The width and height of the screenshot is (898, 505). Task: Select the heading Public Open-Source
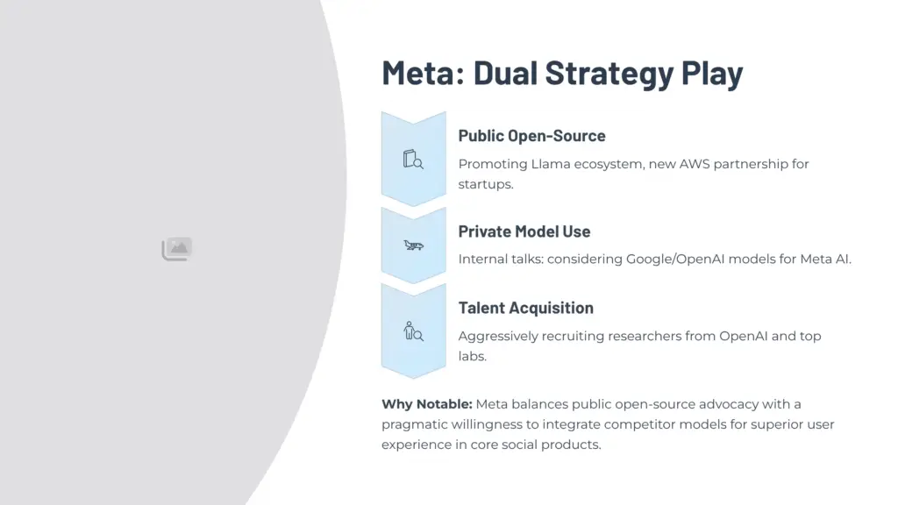531,136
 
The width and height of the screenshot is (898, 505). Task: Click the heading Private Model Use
524,231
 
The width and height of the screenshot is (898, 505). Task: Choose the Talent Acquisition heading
525,308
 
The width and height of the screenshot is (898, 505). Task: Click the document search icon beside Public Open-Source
413,160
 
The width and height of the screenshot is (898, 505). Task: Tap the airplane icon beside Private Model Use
413,245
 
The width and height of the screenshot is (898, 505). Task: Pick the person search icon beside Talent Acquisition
413,331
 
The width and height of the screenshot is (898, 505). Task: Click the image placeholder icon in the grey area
177,249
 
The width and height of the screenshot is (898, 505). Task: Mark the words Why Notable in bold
426,404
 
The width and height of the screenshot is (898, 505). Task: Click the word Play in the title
712,73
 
